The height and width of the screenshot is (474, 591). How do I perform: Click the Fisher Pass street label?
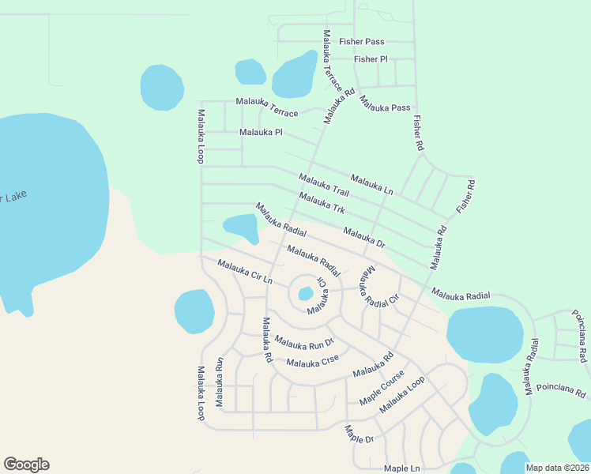[x=361, y=41]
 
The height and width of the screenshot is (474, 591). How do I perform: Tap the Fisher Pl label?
[x=371, y=59]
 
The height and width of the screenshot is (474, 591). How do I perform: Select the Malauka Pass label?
[x=385, y=103]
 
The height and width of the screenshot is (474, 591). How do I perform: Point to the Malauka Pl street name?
[x=261, y=132]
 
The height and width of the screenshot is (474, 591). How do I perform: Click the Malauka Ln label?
[x=371, y=184]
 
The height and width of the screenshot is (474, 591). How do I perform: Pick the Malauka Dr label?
[x=363, y=238]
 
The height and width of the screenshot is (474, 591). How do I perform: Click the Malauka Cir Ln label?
[x=244, y=273]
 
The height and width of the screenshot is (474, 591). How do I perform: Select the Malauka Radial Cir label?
[x=379, y=287]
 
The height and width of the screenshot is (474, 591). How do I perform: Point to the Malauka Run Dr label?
[x=304, y=342]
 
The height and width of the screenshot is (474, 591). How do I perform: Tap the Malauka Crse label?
[x=313, y=362]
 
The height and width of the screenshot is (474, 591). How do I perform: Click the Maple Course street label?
[x=382, y=388]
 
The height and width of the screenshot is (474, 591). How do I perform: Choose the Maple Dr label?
[x=358, y=434]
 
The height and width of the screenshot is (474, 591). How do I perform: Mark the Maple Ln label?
[x=401, y=468]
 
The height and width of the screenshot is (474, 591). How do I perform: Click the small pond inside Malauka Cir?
[x=305, y=295]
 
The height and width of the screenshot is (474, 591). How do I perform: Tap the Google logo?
[x=26, y=465]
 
